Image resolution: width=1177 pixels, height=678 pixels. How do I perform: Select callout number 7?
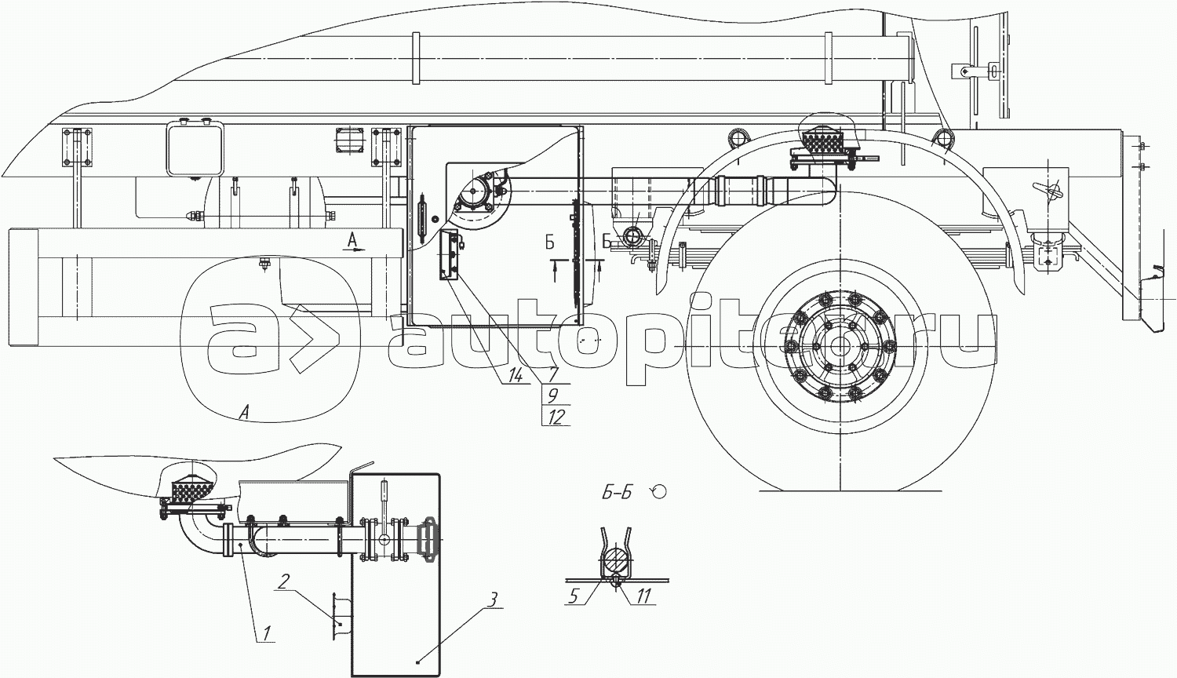[x=552, y=375]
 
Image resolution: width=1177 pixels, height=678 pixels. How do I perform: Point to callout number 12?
[x=556, y=417]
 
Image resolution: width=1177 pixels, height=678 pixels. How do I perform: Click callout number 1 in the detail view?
[x=267, y=632]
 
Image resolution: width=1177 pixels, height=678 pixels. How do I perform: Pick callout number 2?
[x=284, y=581]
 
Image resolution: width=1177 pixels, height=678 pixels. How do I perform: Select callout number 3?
[x=491, y=600]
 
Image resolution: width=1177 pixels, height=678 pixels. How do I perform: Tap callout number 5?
[x=574, y=596]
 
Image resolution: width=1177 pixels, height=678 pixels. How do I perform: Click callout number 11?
[x=643, y=596]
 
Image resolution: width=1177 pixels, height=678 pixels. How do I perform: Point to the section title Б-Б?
[x=617, y=494]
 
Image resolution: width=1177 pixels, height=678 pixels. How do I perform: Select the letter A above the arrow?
[x=352, y=240]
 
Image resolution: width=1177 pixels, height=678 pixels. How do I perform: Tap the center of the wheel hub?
[x=839, y=346]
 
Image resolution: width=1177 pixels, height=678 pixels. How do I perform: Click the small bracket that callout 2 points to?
[x=339, y=616]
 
